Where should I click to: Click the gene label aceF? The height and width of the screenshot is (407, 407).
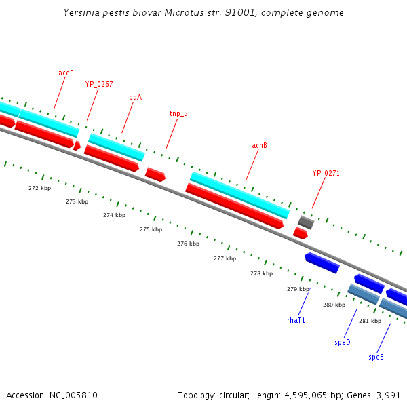click(66, 72)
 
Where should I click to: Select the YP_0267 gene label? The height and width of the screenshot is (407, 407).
click(99, 84)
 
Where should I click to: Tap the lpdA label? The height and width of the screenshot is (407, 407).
click(134, 97)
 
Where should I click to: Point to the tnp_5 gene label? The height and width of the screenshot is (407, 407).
click(178, 113)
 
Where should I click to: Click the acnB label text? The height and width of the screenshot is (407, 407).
click(260, 145)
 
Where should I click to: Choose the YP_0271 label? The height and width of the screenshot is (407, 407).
click(326, 173)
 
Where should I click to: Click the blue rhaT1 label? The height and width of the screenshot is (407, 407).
click(296, 319)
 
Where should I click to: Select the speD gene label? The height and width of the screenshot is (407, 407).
click(343, 342)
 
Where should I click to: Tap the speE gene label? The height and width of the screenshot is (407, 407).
click(376, 356)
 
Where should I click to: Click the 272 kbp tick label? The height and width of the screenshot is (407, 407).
click(39, 188)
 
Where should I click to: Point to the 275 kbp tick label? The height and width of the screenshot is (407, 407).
click(151, 229)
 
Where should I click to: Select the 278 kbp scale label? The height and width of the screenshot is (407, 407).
click(261, 273)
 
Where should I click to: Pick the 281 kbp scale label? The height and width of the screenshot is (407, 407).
click(370, 321)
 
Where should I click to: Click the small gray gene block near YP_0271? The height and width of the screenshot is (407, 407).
click(306, 222)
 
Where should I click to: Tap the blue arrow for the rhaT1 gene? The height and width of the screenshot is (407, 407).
click(322, 263)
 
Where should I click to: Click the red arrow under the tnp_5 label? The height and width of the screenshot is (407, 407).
click(155, 174)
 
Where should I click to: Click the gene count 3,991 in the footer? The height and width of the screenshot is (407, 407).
click(389, 395)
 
